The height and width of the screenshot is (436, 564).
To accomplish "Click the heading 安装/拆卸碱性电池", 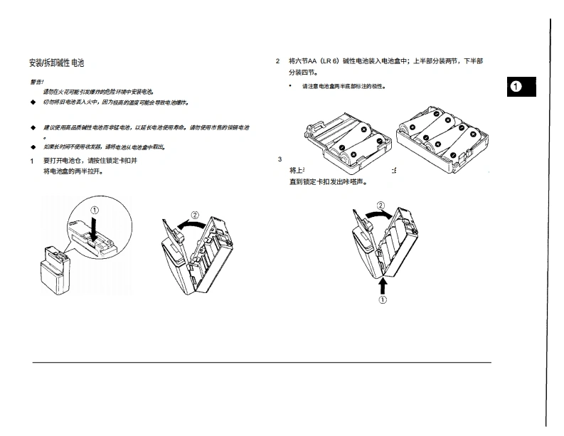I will coord(56,63).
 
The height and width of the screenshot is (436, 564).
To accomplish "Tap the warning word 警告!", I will coord(37,82).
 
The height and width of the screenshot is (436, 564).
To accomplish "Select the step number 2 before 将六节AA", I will coord(278,61).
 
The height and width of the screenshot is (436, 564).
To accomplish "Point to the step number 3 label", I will coord(280,159).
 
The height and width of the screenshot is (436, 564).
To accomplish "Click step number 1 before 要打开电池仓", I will coord(32,161).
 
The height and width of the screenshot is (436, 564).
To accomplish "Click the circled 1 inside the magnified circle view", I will coord(95,210).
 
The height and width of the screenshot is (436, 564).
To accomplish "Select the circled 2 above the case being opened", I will coord(195,215).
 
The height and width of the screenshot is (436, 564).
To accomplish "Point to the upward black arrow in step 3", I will coord(383,285).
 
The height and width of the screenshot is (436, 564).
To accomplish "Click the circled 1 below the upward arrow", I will coord(383,300).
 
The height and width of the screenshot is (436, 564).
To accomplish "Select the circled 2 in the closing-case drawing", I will coord(381,206).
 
